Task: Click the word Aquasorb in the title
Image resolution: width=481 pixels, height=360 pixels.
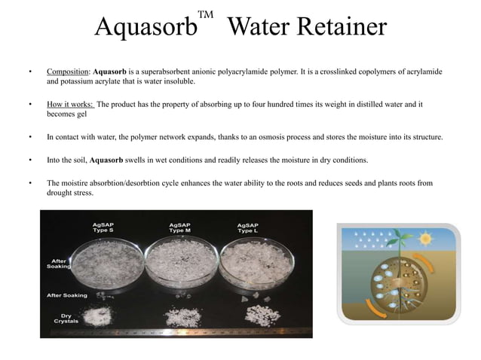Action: click(145, 28)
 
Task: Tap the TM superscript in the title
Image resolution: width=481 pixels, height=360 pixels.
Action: click(205, 14)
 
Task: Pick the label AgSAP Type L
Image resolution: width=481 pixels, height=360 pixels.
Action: click(248, 227)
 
